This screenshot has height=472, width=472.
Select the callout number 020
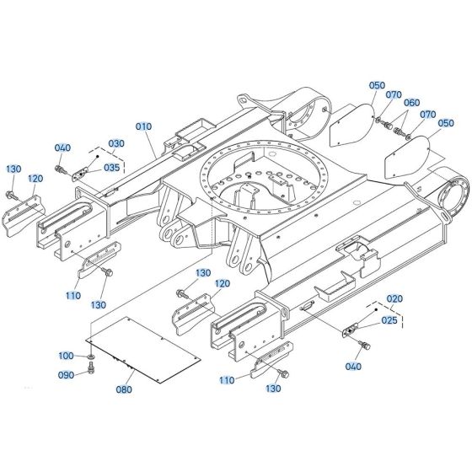[x=394, y=299]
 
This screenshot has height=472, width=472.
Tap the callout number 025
[x=389, y=320]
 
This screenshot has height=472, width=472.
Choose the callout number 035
[x=111, y=167]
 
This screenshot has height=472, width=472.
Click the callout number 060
[x=411, y=103]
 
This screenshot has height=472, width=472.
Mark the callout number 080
[x=124, y=389]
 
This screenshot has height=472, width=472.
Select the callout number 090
[x=67, y=377]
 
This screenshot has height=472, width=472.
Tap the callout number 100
[x=67, y=357]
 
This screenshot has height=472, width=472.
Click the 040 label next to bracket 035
[x=62, y=149]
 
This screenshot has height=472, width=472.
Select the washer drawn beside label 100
[x=89, y=360]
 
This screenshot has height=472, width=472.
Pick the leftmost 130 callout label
[x=13, y=169]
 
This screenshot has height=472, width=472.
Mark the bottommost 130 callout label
[x=272, y=389]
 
